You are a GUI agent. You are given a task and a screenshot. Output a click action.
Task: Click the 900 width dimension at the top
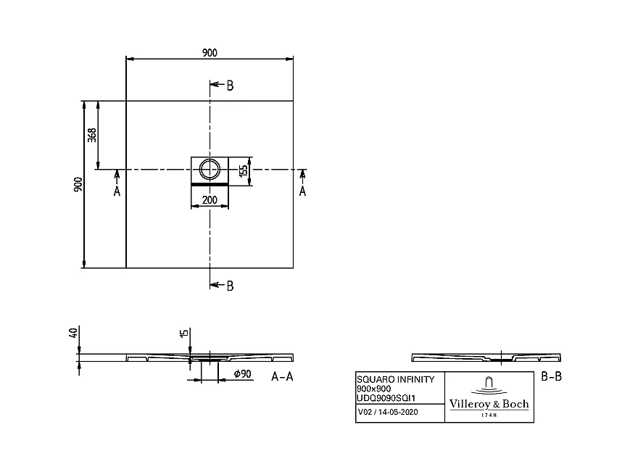pos(210,51)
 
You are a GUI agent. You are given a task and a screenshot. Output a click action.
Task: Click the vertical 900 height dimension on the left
pos(78,185)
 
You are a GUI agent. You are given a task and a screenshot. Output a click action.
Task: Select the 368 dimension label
pos(92,135)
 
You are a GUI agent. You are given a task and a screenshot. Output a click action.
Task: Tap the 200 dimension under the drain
pos(210,201)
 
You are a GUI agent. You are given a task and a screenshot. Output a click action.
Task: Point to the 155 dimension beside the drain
pos(244,170)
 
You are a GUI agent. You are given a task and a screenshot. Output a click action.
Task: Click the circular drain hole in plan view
pos(210,170)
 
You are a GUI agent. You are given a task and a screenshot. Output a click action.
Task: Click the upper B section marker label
pos(229,86)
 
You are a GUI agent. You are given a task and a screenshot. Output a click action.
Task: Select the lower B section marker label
pos(229,286)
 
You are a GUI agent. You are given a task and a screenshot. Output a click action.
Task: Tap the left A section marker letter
pos(117,191)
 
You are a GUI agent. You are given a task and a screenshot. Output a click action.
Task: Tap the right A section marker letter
pos(303,191)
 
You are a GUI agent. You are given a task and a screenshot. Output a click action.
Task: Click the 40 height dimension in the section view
pos(72,334)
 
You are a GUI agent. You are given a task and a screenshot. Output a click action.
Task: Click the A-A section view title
pos(282,377)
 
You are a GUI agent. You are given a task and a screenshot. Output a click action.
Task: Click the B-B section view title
pos(552,376)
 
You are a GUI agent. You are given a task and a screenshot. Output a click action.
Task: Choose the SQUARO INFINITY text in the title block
pos(396,379)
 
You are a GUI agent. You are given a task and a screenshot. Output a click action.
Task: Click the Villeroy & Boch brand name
pos(490,404)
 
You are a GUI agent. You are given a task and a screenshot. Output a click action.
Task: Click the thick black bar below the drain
pos(210,184)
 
